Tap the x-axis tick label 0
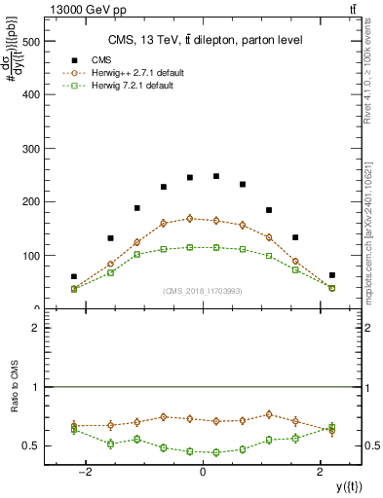203,472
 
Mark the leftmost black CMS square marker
74,276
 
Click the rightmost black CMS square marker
331,275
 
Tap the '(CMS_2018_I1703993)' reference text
202,291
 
